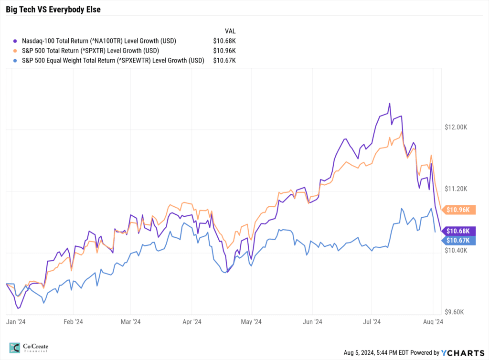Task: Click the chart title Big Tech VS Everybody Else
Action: [x=53, y=9]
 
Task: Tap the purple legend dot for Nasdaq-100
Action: [x=17, y=41]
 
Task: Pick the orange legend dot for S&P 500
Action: [x=17, y=51]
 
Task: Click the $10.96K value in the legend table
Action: [x=224, y=50]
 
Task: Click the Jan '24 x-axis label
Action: [x=15, y=322]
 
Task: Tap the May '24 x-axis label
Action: [x=251, y=322]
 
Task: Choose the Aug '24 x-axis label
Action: [x=433, y=322]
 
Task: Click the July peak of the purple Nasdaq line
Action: [x=390, y=104]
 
